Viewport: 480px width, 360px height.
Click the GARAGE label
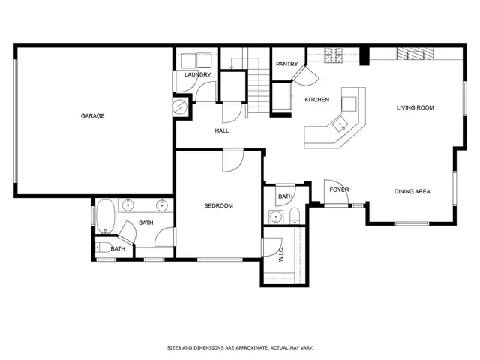pos(93,116)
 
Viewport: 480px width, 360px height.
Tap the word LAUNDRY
pos(197,74)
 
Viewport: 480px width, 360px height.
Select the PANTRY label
pos(287,64)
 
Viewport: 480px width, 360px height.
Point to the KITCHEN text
pos(316,100)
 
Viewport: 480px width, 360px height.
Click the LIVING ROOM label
pos(415,108)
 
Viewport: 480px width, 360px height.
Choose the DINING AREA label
pos(412,192)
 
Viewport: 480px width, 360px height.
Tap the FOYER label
pos(339,190)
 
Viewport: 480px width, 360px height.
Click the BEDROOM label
pos(219,206)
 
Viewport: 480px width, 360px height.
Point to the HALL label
pos(221,131)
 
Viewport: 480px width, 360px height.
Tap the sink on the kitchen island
pos(340,125)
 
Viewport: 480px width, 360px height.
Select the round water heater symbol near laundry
pos(180,107)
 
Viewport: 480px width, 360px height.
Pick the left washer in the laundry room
pos(184,60)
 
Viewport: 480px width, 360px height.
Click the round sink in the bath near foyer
pos(276,217)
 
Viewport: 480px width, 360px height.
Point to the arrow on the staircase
pos(233,66)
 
